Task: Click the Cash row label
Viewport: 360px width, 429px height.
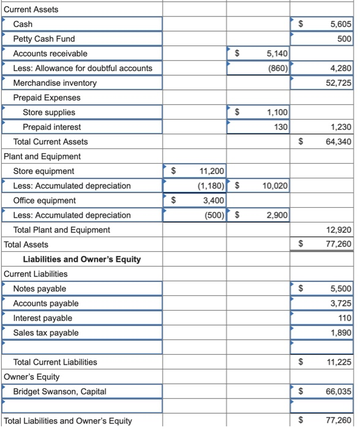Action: [x=23, y=24]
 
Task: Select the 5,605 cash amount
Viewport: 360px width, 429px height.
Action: [x=340, y=24]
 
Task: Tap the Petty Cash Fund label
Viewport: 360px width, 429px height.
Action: [x=44, y=39]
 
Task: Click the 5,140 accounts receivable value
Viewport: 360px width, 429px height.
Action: [x=277, y=53]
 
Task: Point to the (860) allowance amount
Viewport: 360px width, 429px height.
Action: [x=278, y=68]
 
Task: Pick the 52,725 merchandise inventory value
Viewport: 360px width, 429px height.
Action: [x=338, y=83]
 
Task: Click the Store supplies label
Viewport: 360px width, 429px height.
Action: [x=49, y=112]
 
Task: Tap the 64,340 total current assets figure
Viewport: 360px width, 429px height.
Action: [x=338, y=142]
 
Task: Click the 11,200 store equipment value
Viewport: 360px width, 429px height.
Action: [x=212, y=171]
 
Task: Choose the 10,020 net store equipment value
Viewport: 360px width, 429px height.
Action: [x=275, y=186]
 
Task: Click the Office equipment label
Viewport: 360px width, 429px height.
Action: [x=45, y=200]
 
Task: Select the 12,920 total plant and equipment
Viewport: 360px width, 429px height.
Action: [x=338, y=230]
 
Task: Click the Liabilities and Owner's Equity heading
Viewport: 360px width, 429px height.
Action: [x=81, y=259]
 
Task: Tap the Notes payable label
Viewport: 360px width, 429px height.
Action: [x=40, y=289]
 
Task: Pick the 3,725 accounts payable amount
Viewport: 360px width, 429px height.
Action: [x=340, y=303]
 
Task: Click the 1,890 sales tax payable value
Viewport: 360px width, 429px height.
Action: [x=340, y=333]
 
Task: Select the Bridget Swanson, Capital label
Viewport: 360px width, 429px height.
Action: [x=59, y=392]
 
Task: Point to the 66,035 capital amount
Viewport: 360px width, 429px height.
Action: [x=338, y=392]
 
